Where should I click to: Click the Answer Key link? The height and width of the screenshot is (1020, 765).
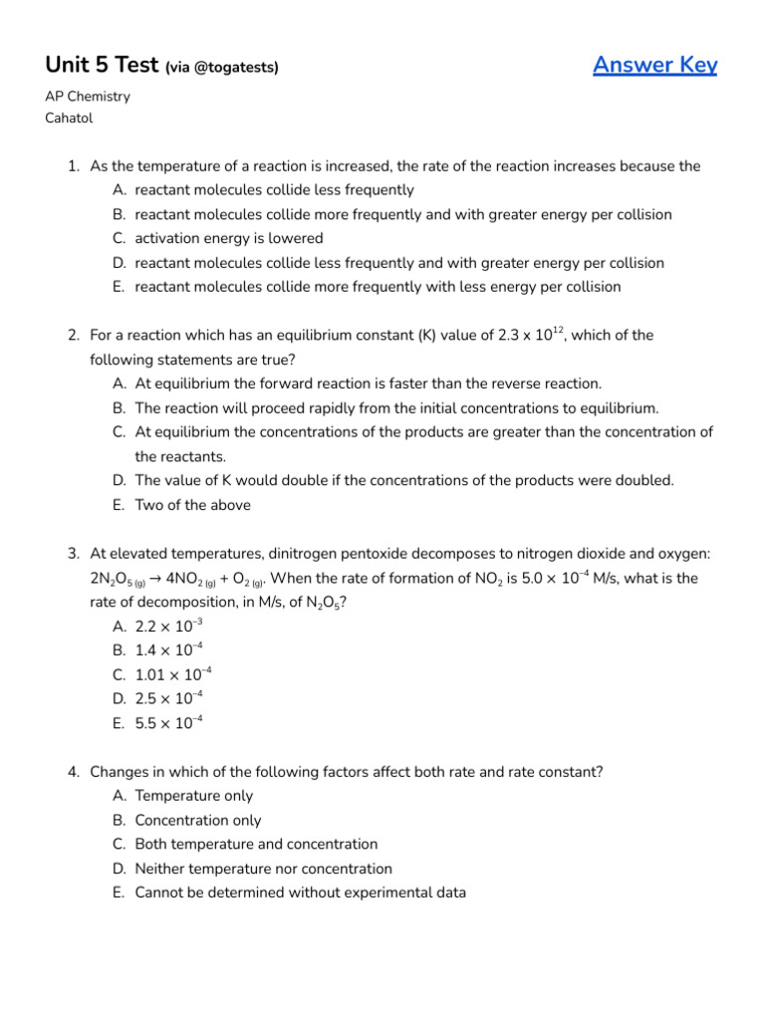(654, 65)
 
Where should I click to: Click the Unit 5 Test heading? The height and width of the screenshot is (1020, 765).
(102, 65)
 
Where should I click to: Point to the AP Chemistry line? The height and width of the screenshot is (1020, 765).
(88, 97)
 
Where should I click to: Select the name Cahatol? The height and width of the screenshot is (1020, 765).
(70, 118)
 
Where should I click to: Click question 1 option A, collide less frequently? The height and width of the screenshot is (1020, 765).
(274, 190)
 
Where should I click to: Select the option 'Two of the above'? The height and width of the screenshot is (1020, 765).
(192, 505)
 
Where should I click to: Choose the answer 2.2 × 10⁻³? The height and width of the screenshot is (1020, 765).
(168, 627)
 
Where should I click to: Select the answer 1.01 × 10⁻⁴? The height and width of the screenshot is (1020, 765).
(172, 674)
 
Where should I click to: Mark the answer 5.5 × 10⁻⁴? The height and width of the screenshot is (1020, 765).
(168, 723)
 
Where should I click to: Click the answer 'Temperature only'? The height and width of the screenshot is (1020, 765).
(193, 796)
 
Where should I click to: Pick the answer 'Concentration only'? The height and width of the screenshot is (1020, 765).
(197, 821)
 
